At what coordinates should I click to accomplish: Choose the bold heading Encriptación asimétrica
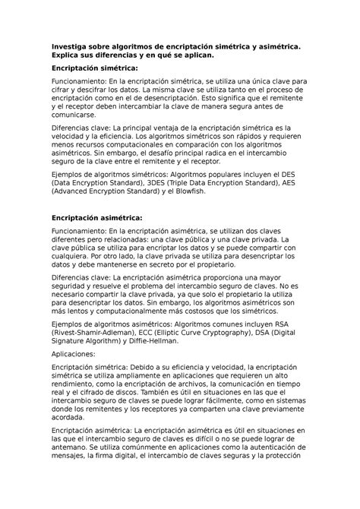(x=96, y=218)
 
